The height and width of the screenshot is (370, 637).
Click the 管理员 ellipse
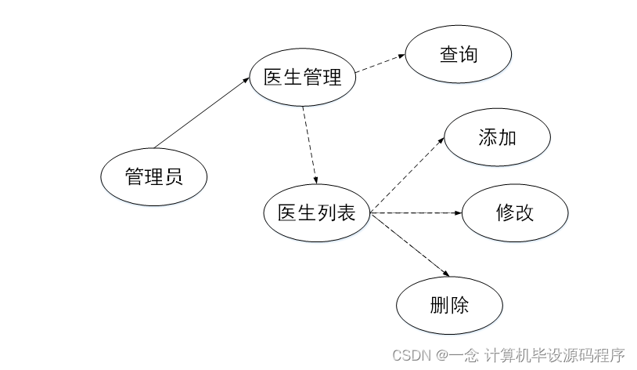click(154, 176)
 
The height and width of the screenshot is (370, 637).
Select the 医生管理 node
click(303, 78)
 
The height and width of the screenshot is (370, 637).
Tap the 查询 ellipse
click(458, 55)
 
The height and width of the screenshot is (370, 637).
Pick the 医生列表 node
click(317, 212)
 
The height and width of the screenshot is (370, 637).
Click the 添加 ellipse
click(497, 137)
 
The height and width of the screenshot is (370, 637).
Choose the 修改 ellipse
click(515, 212)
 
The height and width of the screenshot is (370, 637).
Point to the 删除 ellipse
click(449, 305)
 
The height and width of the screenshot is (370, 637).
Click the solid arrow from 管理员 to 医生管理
click(202, 112)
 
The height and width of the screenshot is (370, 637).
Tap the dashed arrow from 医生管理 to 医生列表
click(308, 145)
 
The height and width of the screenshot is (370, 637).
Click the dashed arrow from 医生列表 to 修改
click(415, 212)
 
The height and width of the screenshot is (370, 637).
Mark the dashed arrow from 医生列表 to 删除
click(411, 244)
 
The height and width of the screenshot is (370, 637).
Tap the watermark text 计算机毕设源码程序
click(555, 355)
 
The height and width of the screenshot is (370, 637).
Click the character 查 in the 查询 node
click(448, 55)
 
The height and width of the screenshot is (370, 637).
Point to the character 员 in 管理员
click(174, 176)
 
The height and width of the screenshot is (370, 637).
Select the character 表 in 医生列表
click(345, 212)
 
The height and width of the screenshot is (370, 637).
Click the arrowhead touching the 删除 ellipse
click(447, 274)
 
